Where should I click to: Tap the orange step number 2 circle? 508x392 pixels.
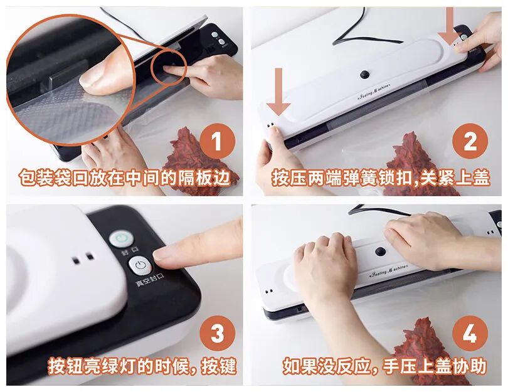470,141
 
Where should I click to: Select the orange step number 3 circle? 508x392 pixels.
218,334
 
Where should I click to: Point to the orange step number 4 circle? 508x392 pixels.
470,334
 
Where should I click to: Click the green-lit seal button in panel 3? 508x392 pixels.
120,239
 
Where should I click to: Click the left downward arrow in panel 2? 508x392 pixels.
278,92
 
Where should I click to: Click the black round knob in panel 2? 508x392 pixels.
365,74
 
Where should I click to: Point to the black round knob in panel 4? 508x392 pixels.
379,252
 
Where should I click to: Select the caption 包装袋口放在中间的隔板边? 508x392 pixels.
125,177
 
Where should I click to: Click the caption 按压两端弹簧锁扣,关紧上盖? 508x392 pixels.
381,177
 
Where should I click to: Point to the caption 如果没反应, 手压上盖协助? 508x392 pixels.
385,366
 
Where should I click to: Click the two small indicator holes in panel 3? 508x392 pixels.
83,258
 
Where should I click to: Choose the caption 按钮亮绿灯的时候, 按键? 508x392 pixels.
142,366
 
